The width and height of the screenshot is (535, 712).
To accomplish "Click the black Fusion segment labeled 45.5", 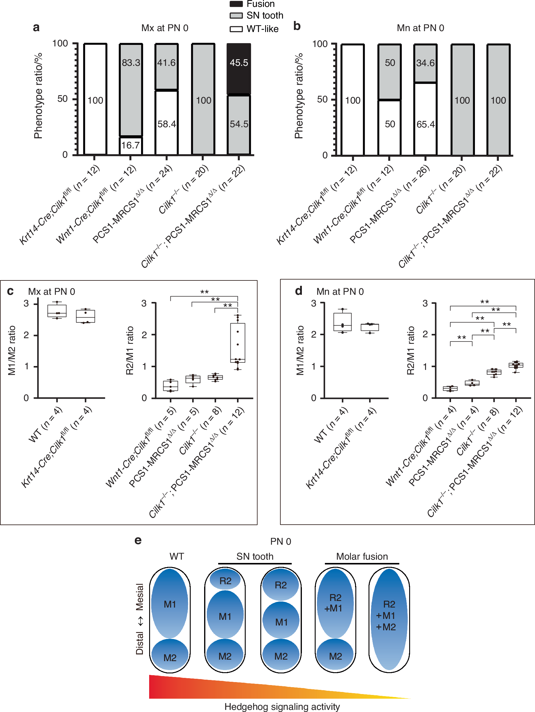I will pyautogui.click(x=239, y=69).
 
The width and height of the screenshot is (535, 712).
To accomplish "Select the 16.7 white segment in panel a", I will pyautogui.click(x=131, y=145).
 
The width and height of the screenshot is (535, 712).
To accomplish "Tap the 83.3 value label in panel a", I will pyautogui.click(x=131, y=63).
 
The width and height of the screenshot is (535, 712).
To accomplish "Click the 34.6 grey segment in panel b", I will pyautogui.click(x=425, y=63).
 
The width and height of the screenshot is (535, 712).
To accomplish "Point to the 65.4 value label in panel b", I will pyautogui.click(x=425, y=124).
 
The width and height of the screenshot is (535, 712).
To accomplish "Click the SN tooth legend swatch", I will pyautogui.click(x=236, y=16).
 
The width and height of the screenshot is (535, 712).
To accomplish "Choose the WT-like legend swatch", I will pyautogui.click(x=236, y=29).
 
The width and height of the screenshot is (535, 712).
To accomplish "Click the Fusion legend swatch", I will pyautogui.click(x=236, y=4).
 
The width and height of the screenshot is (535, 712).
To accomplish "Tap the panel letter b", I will pyautogui.click(x=297, y=26).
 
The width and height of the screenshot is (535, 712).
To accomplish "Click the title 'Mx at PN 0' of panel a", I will pyautogui.click(x=165, y=28).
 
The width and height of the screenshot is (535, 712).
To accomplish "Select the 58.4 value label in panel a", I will pyautogui.click(x=166, y=124).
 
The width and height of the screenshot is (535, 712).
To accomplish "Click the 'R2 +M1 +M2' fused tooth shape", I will pyautogui.click(x=389, y=619).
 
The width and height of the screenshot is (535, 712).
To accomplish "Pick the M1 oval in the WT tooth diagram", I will pyautogui.click(x=169, y=604).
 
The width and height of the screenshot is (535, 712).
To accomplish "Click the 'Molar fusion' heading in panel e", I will pyautogui.click(x=362, y=557).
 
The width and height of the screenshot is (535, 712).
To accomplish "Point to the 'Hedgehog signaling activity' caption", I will pyautogui.click(x=282, y=707).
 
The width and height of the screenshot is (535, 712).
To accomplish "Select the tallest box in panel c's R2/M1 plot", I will pyautogui.click(x=238, y=343).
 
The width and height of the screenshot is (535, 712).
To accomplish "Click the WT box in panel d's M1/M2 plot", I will pyautogui.click(x=343, y=322).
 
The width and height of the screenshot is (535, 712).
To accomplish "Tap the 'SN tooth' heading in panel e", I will pyautogui.click(x=255, y=557).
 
